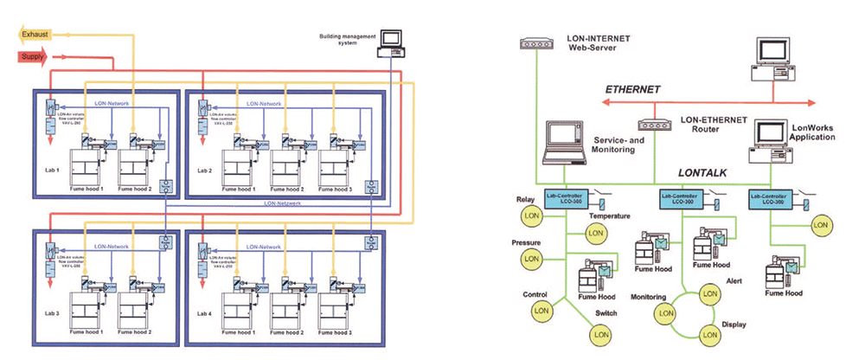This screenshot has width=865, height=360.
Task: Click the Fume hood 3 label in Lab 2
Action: pos(334,189)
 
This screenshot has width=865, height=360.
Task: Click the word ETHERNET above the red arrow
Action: pos(632,89)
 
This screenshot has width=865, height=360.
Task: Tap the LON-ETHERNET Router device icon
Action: pos(656,123)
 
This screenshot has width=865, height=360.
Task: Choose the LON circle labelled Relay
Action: pos(532,214)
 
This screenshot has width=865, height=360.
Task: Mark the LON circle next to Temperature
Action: pos(596,232)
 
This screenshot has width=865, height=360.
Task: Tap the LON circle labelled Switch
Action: pos(599,334)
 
